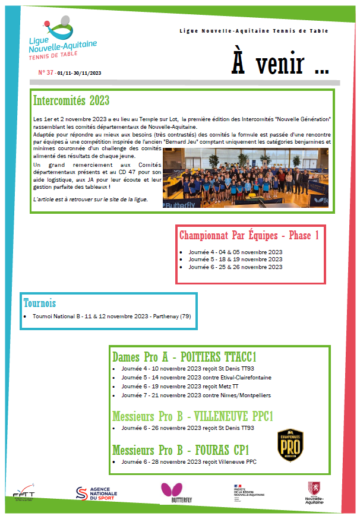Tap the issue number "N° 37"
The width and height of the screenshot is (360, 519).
pyautogui.click(x=46, y=72)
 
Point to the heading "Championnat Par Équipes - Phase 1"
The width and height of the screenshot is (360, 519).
pyautogui.click(x=250, y=236)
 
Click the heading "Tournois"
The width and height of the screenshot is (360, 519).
pyautogui.click(x=40, y=303)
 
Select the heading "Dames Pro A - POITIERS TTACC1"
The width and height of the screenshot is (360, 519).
pyautogui.click(x=184, y=357)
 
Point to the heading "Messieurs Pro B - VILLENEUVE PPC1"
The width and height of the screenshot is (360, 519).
pyautogui.click(x=192, y=416)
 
